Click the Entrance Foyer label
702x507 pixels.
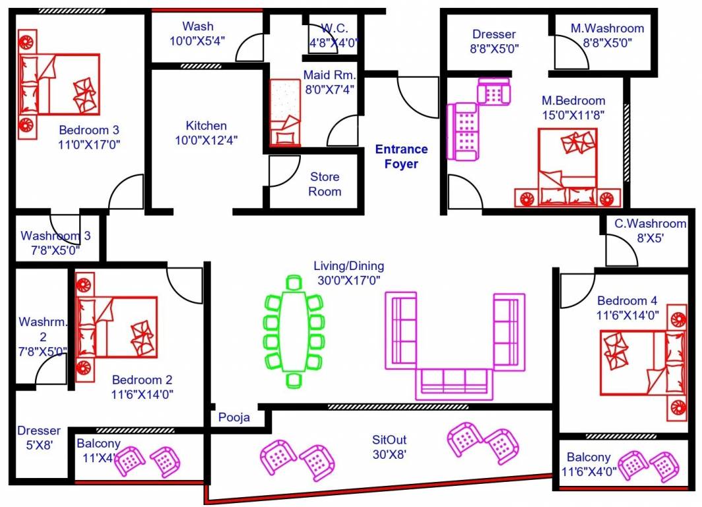[x=401, y=156]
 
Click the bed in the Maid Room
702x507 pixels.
[x=285, y=112]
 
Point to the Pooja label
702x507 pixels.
[x=234, y=418]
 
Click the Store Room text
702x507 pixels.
[x=325, y=184]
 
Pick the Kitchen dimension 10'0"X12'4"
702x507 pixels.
[x=205, y=140]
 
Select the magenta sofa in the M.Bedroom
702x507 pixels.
[x=463, y=131]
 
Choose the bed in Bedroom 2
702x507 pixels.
[x=117, y=327]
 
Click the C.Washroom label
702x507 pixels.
[x=650, y=224]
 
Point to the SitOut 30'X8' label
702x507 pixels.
[x=389, y=446]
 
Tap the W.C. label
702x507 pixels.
[x=339, y=28]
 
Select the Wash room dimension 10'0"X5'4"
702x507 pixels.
[x=198, y=40]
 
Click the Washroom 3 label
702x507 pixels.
[x=55, y=236]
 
